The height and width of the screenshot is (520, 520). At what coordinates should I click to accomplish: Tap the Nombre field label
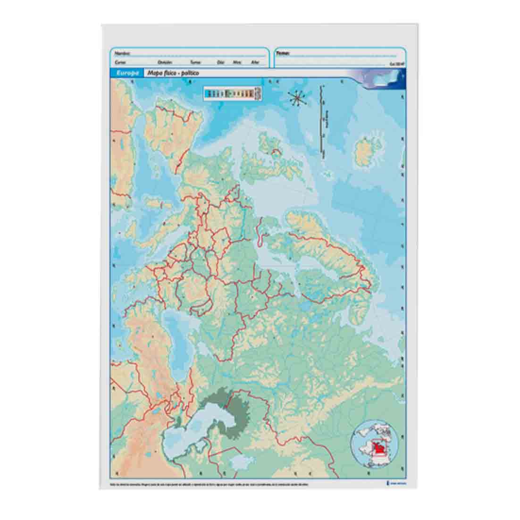pyautogui.click(x=122, y=53)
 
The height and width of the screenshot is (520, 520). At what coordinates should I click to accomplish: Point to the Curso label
pyautogui.click(x=120, y=62)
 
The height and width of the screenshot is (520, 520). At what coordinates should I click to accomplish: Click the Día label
pyautogui.click(x=220, y=62)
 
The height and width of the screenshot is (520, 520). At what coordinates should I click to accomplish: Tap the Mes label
pyautogui.click(x=237, y=62)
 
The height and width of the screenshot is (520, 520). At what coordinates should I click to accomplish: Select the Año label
pyautogui.click(x=255, y=62)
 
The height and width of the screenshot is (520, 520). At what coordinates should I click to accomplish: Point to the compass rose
pyautogui.click(x=297, y=98)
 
